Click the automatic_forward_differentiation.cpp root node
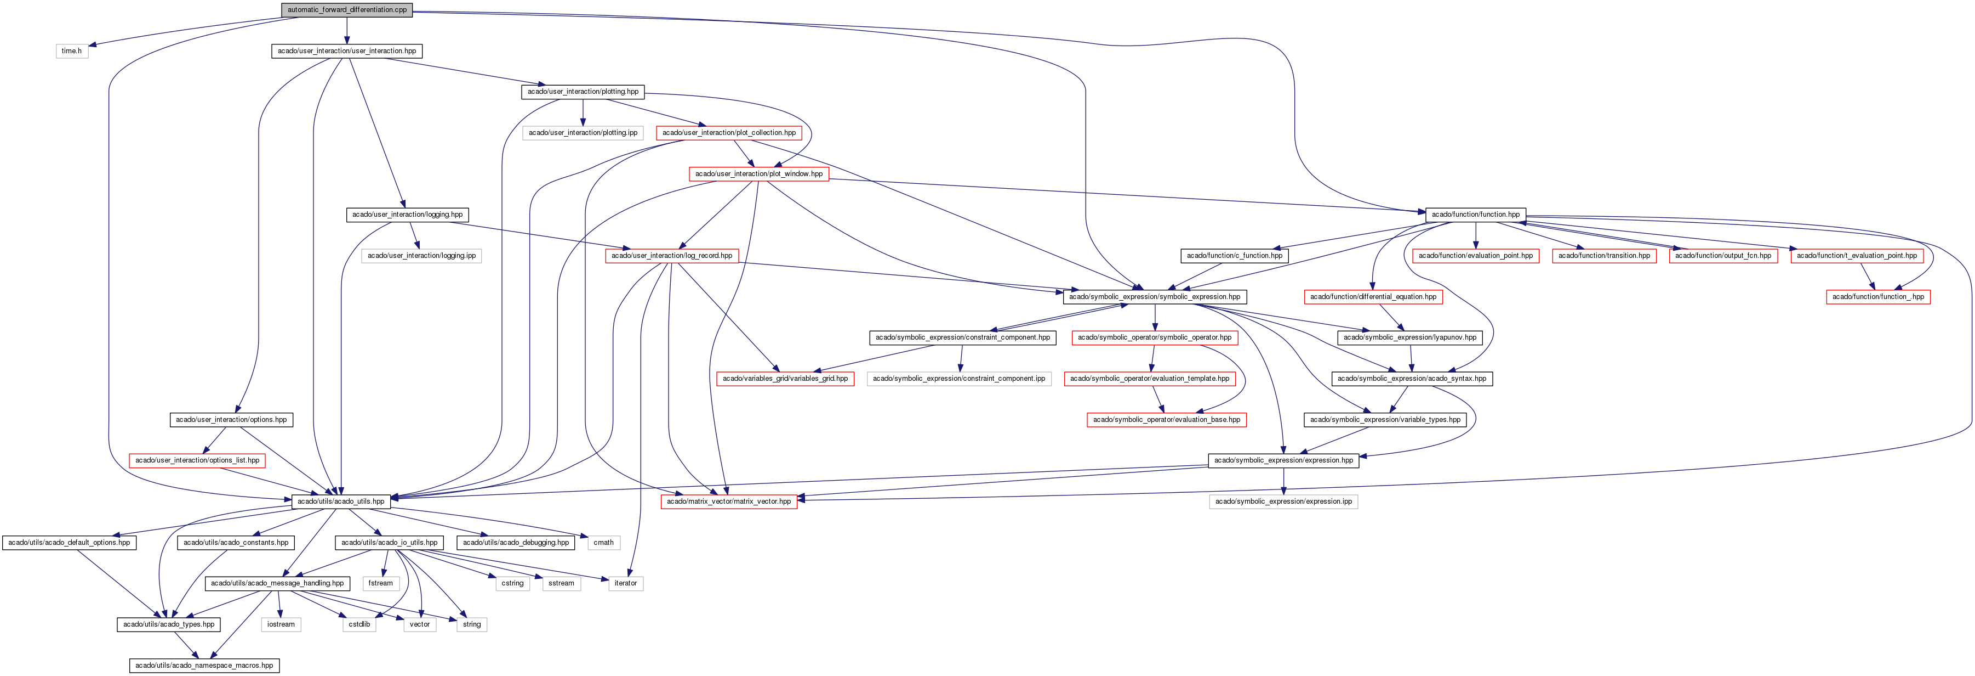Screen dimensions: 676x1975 pos(346,10)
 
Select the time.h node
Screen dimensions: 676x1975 pos(71,50)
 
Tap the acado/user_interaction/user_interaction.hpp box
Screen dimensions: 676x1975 pos(346,50)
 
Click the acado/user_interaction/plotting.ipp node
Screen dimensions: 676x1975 pos(583,133)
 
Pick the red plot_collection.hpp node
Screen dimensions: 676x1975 pos(728,133)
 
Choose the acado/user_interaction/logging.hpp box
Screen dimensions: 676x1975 pos(407,215)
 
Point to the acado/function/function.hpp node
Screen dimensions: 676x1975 pos(1475,215)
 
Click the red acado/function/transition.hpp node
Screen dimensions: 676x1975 pos(1604,256)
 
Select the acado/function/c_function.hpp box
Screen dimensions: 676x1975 pos(1234,256)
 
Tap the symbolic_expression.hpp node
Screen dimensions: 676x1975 pos(1154,297)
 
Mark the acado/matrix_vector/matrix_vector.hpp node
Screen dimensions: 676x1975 pos(728,502)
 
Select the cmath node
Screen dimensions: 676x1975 pos(603,543)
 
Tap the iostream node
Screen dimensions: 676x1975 pos(281,624)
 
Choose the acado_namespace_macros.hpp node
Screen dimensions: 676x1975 pos(204,665)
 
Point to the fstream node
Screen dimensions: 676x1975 pos(380,583)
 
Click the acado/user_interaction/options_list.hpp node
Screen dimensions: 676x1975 pos(197,460)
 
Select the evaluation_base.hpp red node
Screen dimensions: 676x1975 pos(1166,420)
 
